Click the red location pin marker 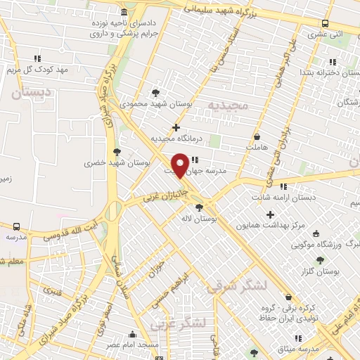coord(181,165)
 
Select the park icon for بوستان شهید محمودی coord(155,92)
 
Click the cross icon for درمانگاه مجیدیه coord(176,127)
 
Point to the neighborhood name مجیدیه coord(229,105)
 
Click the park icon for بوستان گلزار coord(321,259)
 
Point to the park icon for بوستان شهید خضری coord(116,151)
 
